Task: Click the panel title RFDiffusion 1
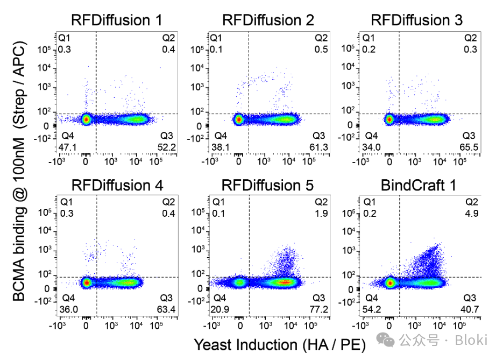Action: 117,20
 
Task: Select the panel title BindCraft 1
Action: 418,186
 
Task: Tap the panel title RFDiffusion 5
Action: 267,186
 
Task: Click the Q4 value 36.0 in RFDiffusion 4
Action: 69,309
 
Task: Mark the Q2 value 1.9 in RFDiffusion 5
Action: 322,214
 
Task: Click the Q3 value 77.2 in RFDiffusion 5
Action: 320,309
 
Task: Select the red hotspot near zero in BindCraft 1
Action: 390,282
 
